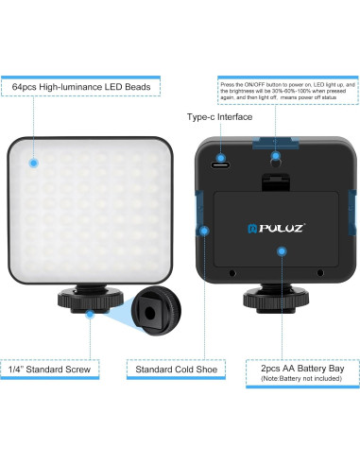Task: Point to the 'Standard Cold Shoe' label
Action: (172, 369)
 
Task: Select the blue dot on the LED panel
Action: (32, 163)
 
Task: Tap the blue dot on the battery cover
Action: (281, 250)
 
